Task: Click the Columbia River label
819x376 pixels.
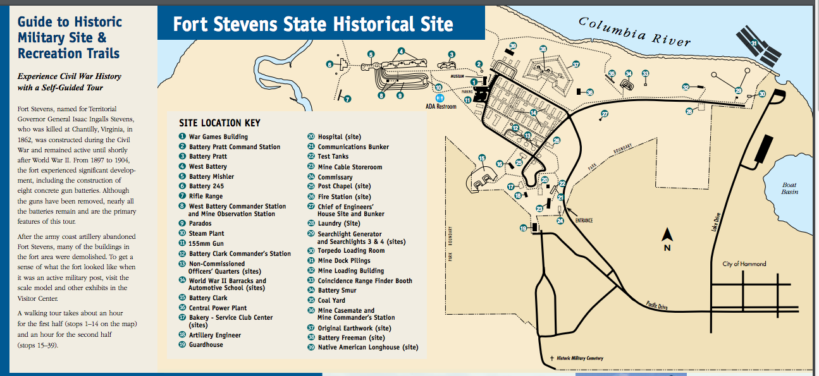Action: click(x=634, y=31)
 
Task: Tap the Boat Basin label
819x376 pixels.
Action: click(x=789, y=188)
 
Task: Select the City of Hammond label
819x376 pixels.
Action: click(x=744, y=264)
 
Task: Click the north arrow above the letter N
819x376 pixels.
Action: click(x=667, y=235)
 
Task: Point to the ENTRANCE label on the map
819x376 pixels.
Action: click(x=584, y=221)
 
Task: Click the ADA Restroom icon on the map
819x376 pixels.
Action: click(x=441, y=99)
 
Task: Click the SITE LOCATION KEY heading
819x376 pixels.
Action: click(x=219, y=123)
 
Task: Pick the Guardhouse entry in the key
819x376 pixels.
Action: click(x=206, y=345)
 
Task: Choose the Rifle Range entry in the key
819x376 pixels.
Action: click(x=205, y=197)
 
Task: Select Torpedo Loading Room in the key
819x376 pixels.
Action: click(x=350, y=251)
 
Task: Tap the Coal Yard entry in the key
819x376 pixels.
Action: click(x=331, y=301)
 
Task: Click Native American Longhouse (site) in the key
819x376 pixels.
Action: click(x=367, y=348)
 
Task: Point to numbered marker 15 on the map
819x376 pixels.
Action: click(x=482, y=159)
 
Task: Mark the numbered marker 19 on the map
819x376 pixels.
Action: click(x=523, y=228)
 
